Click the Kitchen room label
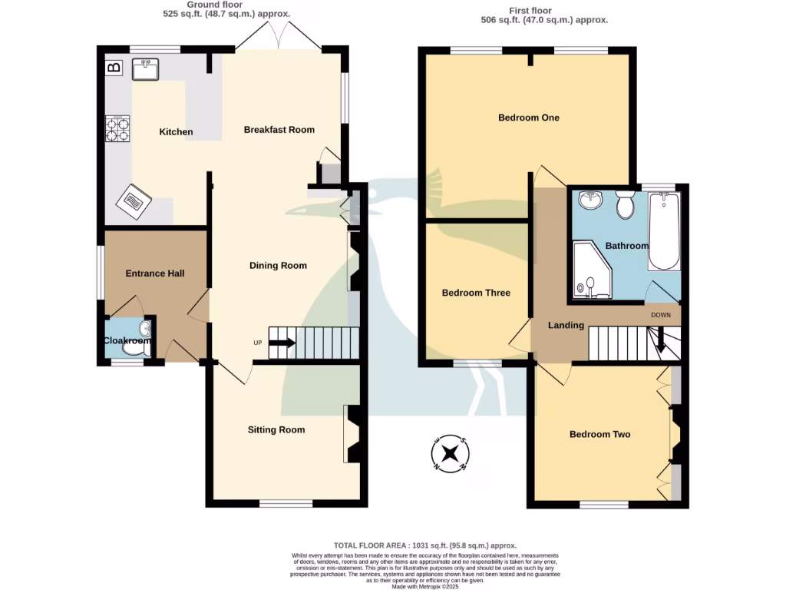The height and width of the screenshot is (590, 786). (176, 132)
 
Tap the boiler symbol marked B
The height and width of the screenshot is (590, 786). (114, 68)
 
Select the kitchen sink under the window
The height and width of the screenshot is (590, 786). (145, 71)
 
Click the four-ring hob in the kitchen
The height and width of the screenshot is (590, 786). (117, 129)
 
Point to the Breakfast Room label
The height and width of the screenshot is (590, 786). (279, 130)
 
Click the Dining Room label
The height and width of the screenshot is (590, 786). (278, 266)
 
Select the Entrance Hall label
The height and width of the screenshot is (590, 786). (155, 273)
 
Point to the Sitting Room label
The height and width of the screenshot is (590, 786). (276, 430)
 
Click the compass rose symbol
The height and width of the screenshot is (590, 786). (451, 453)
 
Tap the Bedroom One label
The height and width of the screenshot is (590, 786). (529, 118)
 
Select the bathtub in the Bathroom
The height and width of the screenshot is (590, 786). (664, 231)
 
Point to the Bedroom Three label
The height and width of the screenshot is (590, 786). (476, 293)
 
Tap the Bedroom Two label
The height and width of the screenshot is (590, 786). (599, 435)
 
